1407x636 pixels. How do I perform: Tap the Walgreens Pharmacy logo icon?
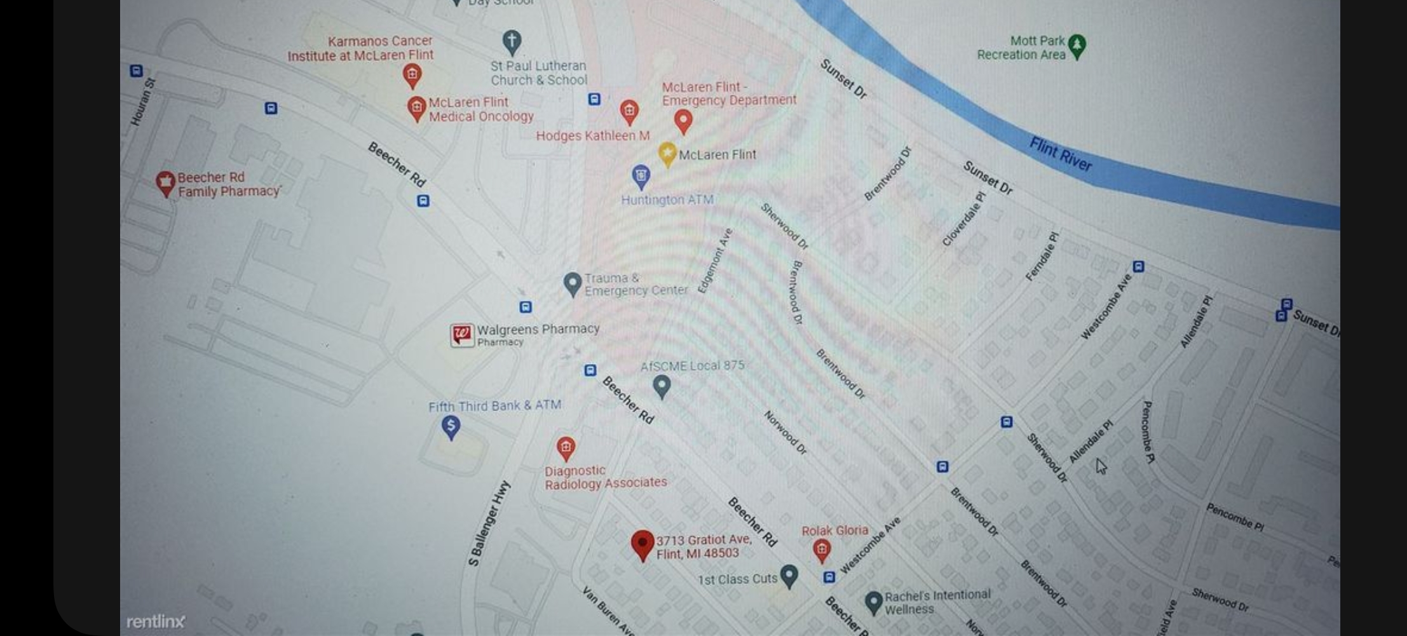(462, 335)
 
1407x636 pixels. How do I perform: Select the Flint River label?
(1060, 154)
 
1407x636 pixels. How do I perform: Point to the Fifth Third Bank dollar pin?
(451, 427)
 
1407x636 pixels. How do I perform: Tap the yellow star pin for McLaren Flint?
(667, 154)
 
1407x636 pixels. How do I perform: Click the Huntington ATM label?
(667, 200)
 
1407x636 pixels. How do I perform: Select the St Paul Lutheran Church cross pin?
(512, 43)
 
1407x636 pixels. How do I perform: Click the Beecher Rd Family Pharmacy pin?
(165, 184)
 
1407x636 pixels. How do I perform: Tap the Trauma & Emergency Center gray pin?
(572, 284)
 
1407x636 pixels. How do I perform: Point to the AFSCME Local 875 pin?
(662, 386)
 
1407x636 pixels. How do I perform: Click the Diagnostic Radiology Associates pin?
(566, 449)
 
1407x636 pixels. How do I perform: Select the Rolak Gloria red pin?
(822, 550)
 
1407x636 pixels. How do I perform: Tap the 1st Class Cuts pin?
(789, 576)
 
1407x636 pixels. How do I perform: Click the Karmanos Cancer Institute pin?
(412, 76)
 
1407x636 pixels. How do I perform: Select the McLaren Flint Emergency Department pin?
(683, 121)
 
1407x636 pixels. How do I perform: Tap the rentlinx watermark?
(156, 621)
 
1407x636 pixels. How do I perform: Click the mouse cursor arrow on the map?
(1101, 466)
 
